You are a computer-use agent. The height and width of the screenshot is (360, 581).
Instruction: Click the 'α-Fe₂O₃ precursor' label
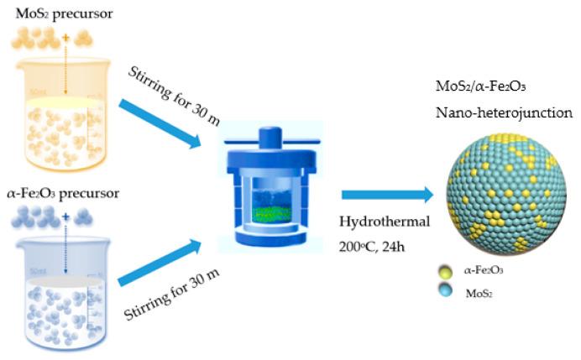59,194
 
